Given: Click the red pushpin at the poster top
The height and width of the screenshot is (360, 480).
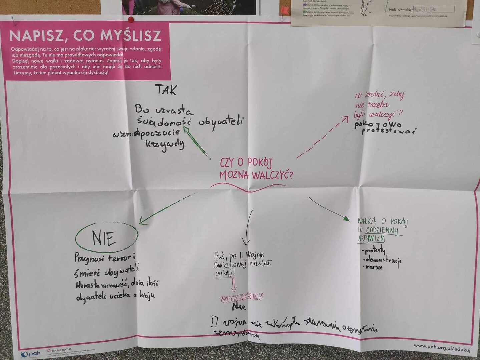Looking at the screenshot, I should click(x=131, y=19).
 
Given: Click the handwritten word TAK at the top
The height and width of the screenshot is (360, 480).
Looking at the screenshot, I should click(x=166, y=90).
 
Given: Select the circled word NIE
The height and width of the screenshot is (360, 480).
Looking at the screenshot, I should click(x=104, y=238).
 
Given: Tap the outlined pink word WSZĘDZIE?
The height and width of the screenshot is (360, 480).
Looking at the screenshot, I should click(x=242, y=298).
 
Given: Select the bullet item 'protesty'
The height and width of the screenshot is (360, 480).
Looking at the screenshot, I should click(x=375, y=250).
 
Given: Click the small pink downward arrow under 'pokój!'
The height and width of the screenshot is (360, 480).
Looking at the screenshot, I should click(x=234, y=285).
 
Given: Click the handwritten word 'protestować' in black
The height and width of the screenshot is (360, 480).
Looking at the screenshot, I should click(x=389, y=130).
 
